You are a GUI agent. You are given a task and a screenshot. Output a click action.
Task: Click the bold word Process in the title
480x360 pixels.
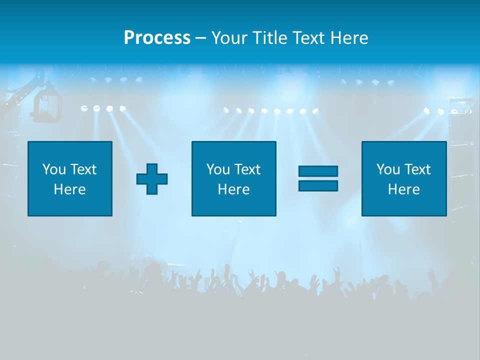click(157, 38)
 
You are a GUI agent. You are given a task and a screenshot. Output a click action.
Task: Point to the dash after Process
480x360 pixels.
click(200, 38)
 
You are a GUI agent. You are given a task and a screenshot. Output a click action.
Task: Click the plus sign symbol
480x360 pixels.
click(152, 178)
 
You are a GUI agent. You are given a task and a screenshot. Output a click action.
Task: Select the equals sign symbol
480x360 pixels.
click(318, 178)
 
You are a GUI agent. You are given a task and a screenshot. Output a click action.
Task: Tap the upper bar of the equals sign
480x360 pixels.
click(318, 171)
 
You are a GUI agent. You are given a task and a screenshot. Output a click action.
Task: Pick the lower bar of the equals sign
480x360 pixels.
click(318, 185)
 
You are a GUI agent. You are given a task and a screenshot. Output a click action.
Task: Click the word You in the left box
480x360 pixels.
click(54, 169)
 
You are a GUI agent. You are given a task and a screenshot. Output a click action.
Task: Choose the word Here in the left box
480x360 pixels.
click(70, 189)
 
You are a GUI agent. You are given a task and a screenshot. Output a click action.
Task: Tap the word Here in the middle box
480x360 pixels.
click(234, 189)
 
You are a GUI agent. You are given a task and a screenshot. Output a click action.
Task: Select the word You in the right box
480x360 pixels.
click(388, 169)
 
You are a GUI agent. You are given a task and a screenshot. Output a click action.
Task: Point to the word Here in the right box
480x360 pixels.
click(404, 189)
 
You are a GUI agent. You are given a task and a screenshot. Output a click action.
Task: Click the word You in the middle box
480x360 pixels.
click(218, 169)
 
